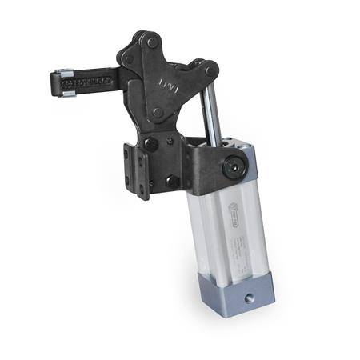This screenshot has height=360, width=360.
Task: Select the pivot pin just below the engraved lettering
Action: tap(158, 113)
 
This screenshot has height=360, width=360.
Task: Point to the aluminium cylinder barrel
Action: tap(228, 232)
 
